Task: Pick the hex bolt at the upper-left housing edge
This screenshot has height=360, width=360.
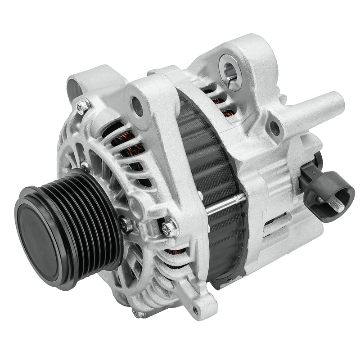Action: pyautogui.click(x=83, y=106)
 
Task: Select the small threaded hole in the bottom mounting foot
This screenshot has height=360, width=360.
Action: pyautogui.click(x=195, y=310)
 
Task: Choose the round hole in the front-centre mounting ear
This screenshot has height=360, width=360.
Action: pyautogui.click(x=137, y=106)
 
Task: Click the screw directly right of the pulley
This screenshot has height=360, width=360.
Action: pyautogui.click(x=126, y=224)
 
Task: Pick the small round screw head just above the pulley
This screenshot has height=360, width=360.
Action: pyautogui.click(x=84, y=165)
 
